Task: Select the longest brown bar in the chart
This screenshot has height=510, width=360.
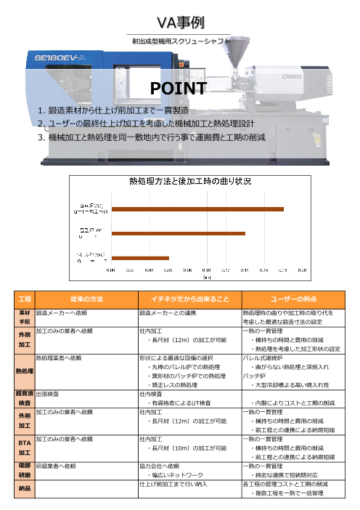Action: coord(197,189)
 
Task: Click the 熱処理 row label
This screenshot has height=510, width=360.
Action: coord(24,370)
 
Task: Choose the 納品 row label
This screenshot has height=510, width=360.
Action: coord(24,489)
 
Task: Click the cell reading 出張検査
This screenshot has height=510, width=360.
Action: coord(49,393)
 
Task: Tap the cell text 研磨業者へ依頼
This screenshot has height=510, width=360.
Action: coord(58,464)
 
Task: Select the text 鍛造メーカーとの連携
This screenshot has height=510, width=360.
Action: coord(165,312)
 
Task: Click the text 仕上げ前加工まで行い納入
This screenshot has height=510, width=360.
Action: coord(172,482)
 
